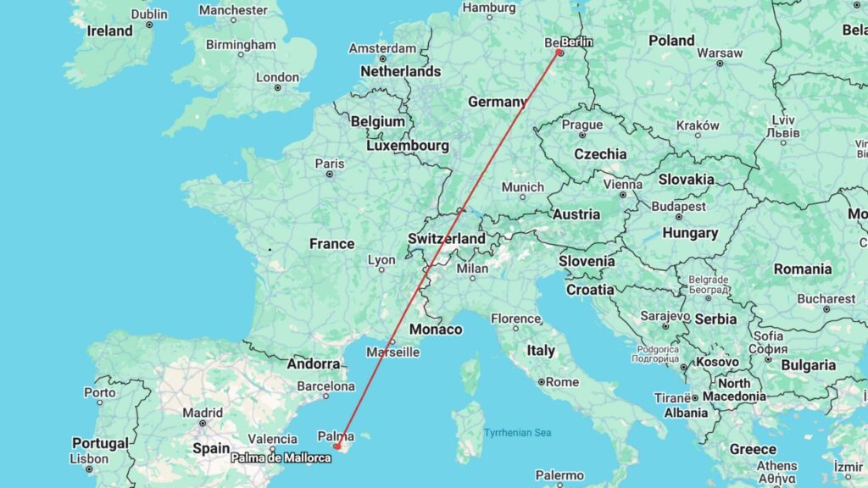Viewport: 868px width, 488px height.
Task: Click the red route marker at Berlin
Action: coord(559,53)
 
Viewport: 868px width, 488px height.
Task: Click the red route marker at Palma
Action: coord(337,446)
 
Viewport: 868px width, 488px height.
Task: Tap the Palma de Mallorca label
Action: coord(281,458)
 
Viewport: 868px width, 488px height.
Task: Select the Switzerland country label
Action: coord(447,239)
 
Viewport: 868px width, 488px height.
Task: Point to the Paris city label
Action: coord(330,164)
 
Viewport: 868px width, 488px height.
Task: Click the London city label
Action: coord(278,77)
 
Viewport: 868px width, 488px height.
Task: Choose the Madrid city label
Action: coord(203,413)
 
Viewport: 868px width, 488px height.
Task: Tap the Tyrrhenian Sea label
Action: coord(517,433)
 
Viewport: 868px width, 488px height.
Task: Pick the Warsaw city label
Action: coord(719,53)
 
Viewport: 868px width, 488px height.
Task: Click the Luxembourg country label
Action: coord(408,146)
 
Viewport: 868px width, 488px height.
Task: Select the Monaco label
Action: coord(436,330)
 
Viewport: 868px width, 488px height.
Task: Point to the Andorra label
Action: coord(314,364)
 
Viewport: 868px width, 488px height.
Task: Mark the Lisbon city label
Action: coord(89,458)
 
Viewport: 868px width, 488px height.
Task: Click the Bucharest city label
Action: coord(826,298)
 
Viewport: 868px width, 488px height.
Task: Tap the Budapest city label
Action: coord(678,206)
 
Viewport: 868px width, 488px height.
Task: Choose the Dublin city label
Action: coord(149,14)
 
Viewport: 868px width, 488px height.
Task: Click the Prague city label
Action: coord(582,125)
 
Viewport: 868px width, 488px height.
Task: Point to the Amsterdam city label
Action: coord(383,48)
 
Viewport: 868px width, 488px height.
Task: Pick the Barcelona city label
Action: coord(326,386)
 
